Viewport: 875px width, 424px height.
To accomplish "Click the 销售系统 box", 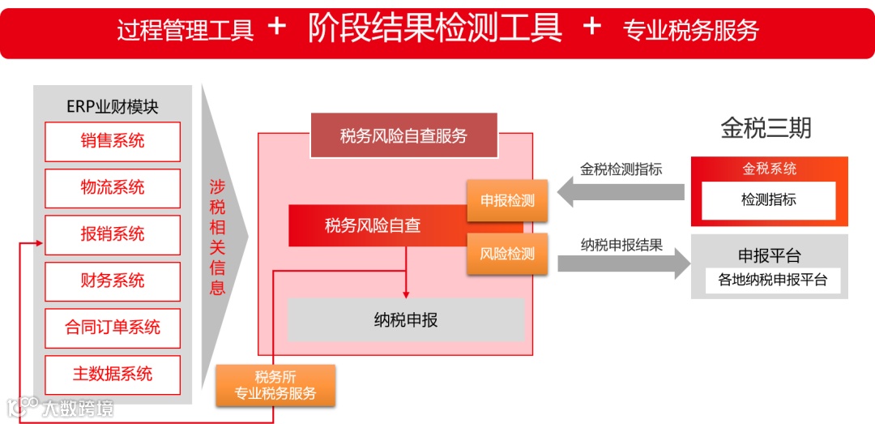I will [x=113, y=142].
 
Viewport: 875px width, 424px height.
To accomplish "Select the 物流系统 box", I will [x=113, y=188].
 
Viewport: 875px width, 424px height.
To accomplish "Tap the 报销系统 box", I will [x=113, y=235].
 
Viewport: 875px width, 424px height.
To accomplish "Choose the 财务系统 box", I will [x=113, y=281].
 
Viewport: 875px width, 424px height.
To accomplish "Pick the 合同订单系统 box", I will [x=113, y=328].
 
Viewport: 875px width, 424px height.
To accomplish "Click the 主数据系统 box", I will [x=113, y=375].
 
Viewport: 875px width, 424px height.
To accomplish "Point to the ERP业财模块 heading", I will [x=113, y=107].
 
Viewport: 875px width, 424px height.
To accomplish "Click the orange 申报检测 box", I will [x=507, y=201].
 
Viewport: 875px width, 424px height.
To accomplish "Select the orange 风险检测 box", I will [x=507, y=254].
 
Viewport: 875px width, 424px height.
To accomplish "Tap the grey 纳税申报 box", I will [x=406, y=319].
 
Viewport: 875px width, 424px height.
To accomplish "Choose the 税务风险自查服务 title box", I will [x=403, y=135].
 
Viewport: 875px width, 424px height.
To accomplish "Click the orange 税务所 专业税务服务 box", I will [x=275, y=385].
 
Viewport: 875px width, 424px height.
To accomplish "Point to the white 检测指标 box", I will [x=768, y=199].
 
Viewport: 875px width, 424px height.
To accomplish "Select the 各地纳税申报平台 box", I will [x=772, y=281].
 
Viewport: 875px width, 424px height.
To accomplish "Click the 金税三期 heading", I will [x=766, y=128].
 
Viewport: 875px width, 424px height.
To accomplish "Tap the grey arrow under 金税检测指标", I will [x=621, y=192].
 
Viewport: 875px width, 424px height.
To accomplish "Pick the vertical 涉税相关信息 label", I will [x=217, y=237].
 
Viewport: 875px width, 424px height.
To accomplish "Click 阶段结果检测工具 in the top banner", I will [x=435, y=28].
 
